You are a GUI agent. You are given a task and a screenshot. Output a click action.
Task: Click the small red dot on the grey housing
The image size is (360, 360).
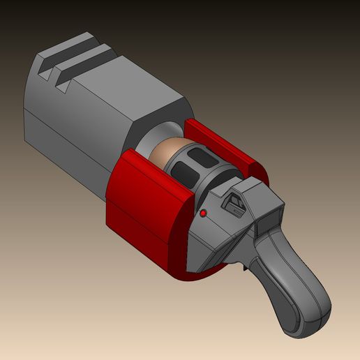[203, 212]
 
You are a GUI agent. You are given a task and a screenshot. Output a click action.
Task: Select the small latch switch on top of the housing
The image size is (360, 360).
[234, 203]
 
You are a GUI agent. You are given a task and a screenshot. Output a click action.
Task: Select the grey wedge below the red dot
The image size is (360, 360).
[209, 244]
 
